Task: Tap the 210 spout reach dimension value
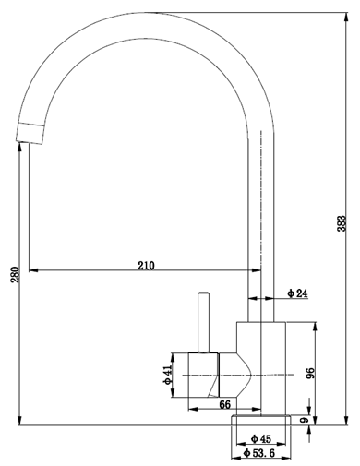point(146,265)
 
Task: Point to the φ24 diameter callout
point(297,293)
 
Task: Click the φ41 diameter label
point(168,375)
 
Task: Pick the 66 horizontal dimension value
point(224,404)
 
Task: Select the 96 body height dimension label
point(311,374)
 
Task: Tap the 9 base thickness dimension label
point(304,420)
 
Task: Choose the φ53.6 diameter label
point(261,453)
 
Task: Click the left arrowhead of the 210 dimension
point(34,271)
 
